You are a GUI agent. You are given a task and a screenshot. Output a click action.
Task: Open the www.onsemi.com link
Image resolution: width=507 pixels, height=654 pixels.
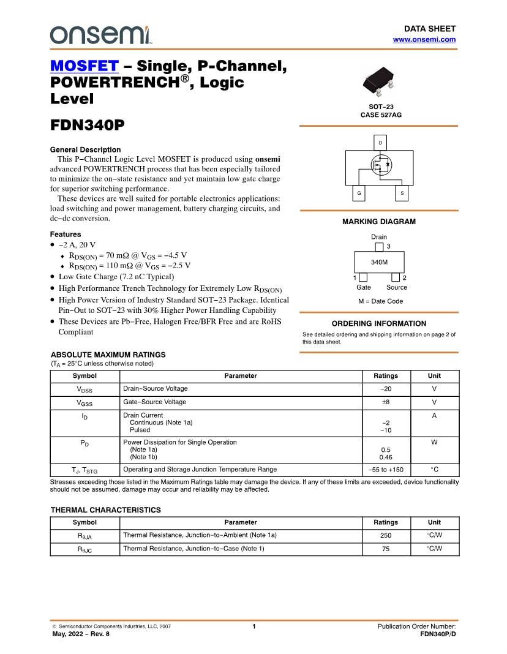tap(424, 39)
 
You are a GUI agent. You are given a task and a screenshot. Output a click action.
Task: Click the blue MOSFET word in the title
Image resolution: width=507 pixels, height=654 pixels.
tap(84, 66)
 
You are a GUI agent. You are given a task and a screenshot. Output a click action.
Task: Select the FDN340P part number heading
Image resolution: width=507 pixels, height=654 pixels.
tap(87, 125)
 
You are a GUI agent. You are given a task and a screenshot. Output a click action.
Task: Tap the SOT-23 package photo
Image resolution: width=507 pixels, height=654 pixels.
tap(378, 82)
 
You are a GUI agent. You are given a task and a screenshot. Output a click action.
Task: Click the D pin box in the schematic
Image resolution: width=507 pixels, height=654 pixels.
tap(380, 143)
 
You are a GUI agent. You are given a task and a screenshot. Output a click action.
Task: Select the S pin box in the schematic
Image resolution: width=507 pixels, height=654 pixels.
tap(402, 193)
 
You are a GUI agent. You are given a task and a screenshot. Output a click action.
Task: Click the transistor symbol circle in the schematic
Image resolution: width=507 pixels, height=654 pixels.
tap(380, 165)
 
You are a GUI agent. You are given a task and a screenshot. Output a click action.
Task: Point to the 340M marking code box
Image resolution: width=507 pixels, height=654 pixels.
tap(379, 262)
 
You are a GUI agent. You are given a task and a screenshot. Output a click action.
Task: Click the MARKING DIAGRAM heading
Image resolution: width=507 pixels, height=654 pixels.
tap(378, 222)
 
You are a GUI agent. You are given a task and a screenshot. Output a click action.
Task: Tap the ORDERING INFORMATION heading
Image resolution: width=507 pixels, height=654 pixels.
tap(378, 323)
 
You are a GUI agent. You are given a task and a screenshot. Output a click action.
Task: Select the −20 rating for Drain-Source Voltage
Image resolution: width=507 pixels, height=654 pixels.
tap(385, 389)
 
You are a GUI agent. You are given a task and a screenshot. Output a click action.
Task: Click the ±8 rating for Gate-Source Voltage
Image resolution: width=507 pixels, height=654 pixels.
tap(385, 402)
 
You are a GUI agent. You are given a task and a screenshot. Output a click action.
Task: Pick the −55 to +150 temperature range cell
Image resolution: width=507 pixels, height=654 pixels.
tap(385, 470)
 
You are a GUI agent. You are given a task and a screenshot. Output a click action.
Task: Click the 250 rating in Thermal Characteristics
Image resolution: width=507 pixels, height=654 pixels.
tap(385, 535)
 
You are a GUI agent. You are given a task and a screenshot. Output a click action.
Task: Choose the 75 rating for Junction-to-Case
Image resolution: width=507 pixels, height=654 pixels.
tap(385, 549)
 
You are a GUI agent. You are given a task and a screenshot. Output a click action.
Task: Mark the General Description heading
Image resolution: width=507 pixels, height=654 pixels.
tap(85, 149)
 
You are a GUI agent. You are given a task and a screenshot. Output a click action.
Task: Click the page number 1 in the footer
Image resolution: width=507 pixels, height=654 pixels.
tap(254, 626)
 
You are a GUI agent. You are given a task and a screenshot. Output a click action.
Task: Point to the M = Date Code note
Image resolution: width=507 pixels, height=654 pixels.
tap(380, 301)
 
